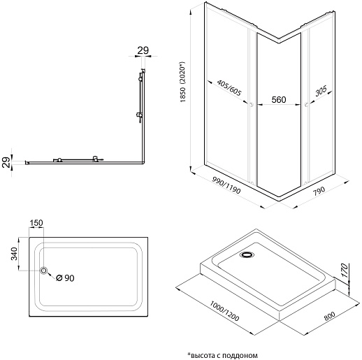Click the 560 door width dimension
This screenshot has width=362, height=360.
tap(279, 100)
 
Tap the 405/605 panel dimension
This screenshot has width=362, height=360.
tap(229, 87)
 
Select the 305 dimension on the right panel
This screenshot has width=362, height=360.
tap(321, 91)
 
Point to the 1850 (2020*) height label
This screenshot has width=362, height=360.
tap(182, 82)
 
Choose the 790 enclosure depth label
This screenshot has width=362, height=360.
tap(319, 192)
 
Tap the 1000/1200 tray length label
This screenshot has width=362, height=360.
tap(224, 311)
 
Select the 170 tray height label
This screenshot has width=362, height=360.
tap(345, 270)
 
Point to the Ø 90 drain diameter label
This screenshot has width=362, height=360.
tap(65, 278)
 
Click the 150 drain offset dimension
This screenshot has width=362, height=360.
tap(36, 223)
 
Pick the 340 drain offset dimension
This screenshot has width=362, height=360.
tap(14, 254)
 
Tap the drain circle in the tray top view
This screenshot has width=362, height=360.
tap(43, 271)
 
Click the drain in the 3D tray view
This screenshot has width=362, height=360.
tap(247, 254)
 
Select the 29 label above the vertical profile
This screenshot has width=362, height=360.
tap(143, 50)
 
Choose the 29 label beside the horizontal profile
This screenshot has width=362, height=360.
tap(6, 162)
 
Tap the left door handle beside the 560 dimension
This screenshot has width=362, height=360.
tap(251, 104)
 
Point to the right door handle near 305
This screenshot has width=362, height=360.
tap(306, 105)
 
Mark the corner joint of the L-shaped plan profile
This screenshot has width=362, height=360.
tap(143, 162)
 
